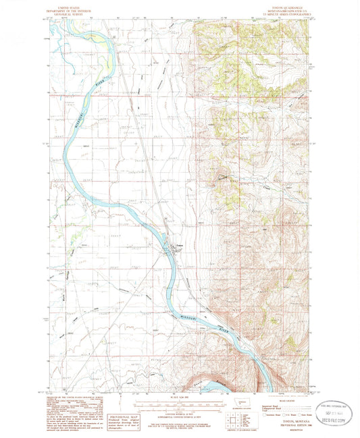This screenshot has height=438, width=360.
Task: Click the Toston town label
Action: click(180, 245)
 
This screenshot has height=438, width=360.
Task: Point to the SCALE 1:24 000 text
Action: click(178, 395)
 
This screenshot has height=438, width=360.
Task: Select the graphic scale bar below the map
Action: click(177, 403)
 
